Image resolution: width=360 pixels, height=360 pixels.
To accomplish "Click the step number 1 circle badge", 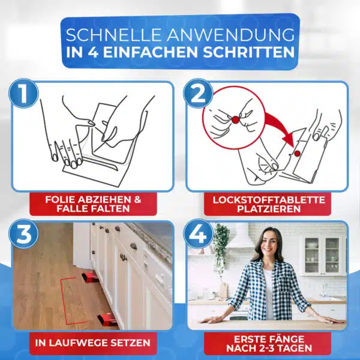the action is point(23,94).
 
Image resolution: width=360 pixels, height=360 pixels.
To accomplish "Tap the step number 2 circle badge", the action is point(198,94).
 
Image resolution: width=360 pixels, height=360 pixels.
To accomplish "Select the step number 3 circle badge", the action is point(23,234).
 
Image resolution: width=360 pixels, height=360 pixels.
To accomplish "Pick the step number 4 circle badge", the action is point(198,234).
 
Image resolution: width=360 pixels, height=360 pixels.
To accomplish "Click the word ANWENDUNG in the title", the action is point(230,35).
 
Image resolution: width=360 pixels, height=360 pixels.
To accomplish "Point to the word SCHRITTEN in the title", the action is point(248,52).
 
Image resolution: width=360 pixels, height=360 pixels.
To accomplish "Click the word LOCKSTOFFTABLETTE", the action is point(269,200).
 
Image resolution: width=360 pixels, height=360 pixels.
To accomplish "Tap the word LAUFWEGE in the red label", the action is point(77,343).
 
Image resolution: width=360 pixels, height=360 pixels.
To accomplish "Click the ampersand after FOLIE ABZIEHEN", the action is point(137,200).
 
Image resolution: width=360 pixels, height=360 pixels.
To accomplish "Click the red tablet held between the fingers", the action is point(236,119).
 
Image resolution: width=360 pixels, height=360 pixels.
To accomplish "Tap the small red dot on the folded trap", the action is point(298,154).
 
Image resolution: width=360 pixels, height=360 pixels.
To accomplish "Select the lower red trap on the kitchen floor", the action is point(106,318).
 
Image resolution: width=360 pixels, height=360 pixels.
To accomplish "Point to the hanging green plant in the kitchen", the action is point(221,247).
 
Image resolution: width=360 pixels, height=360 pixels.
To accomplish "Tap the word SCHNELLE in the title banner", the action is point(113,35).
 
